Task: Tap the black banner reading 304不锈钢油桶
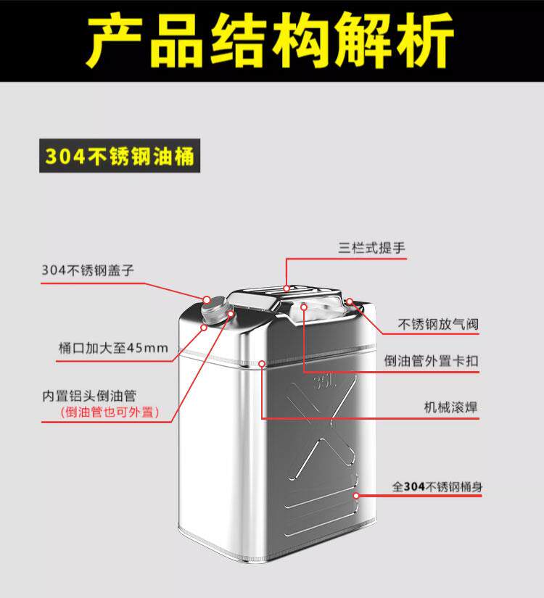(118, 157)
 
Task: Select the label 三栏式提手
(371, 248)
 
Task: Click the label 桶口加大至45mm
(112, 348)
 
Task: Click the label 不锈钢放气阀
(438, 324)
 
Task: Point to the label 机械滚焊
(451, 407)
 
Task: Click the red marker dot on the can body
(356, 495)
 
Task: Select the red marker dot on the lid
(206, 299)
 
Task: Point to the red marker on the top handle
(287, 288)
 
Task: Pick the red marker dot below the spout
(204, 327)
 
